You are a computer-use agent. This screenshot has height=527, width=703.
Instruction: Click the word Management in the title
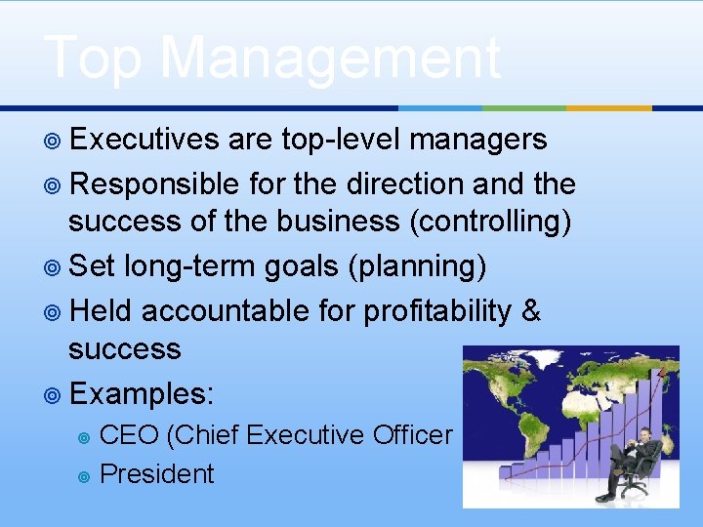(x=329, y=59)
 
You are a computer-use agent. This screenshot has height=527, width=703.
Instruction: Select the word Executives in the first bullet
(x=145, y=141)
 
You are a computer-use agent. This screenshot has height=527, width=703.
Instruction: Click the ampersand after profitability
(x=531, y=311)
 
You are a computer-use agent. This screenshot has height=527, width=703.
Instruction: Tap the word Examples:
(x=143, y=394)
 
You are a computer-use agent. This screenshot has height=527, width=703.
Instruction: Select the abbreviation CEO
(x=130, y=435)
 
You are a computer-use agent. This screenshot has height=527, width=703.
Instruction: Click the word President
(x=157, y=474)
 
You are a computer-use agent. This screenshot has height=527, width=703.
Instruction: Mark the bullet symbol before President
(x=84, y=476)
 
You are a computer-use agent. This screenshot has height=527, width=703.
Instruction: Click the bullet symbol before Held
(x=54, y=312)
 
